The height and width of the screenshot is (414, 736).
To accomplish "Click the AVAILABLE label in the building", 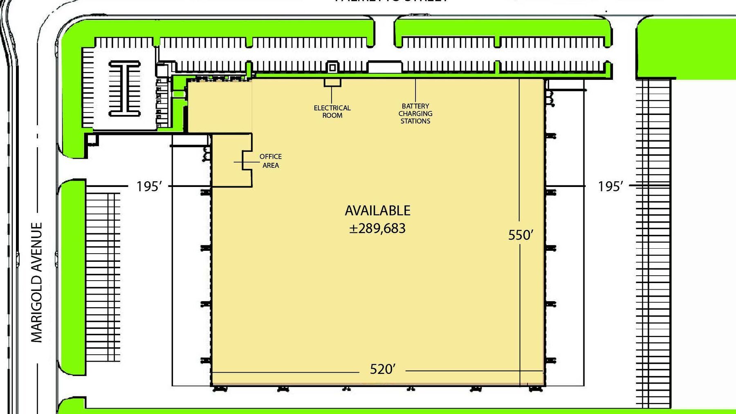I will click(377, 211).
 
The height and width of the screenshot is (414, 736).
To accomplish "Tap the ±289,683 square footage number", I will click(377, 228).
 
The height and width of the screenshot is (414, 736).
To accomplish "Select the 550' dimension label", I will click(521, 235).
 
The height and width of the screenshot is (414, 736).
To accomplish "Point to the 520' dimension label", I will click(382, 369).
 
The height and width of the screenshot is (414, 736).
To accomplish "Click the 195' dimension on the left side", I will click(149, 187).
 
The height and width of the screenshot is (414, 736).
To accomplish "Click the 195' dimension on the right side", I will click(610, 187).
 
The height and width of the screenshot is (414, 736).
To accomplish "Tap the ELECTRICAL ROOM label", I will click(332, 112).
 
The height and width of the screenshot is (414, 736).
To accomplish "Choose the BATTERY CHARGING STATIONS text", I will click(415, 114).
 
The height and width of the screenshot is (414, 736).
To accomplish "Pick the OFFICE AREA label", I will click(270, 161).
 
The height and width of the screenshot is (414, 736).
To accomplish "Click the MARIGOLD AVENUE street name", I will click(37, 282).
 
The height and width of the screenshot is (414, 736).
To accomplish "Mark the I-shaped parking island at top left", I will click(124, 88).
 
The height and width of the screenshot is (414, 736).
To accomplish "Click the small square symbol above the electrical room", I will click(332, 67).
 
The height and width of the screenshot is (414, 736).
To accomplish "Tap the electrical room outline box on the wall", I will click(332, 82).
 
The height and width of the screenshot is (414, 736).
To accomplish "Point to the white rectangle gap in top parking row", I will click(384, 67).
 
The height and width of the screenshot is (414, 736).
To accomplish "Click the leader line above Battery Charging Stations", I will click(415, 90).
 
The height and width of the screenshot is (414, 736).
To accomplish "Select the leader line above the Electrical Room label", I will click(332, 95).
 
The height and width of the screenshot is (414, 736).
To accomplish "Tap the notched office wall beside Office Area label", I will click(247, 160).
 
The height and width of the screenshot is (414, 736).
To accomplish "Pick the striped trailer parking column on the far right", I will click(653, 245).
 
